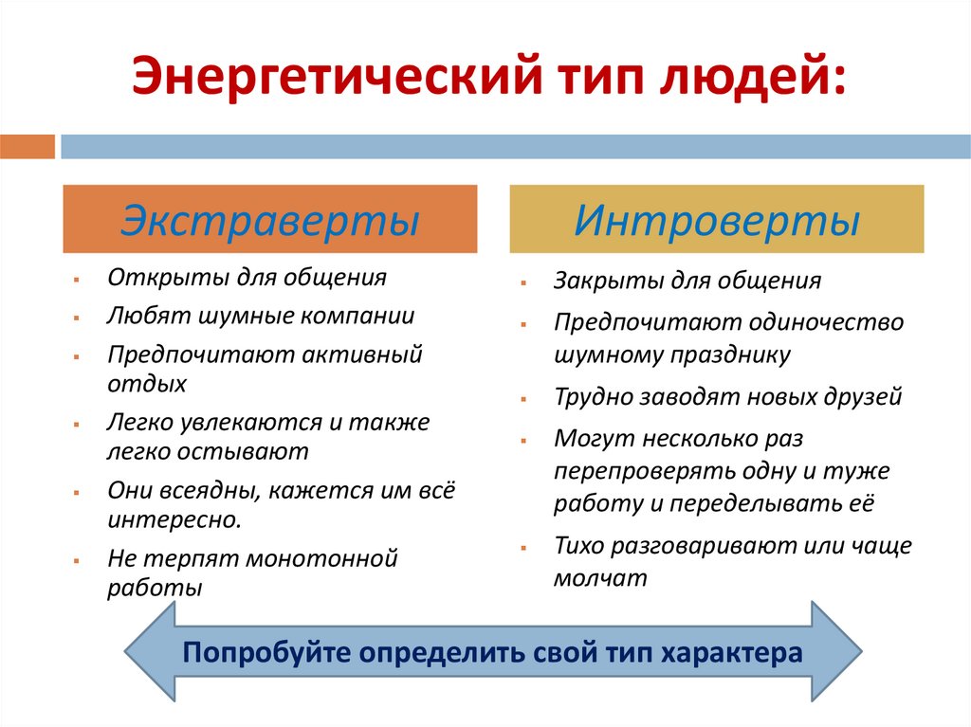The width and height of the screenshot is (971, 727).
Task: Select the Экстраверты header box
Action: (270, 219)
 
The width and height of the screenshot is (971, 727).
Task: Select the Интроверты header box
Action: (717, 219)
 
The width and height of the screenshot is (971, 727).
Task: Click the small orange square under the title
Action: (27, 147)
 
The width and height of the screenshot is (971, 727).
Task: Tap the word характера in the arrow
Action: (730, 653)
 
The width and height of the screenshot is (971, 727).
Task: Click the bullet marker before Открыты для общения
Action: (74, 279)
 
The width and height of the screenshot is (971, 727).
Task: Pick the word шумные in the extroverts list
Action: (231, 317)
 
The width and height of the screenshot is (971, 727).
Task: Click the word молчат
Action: (600, 578)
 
